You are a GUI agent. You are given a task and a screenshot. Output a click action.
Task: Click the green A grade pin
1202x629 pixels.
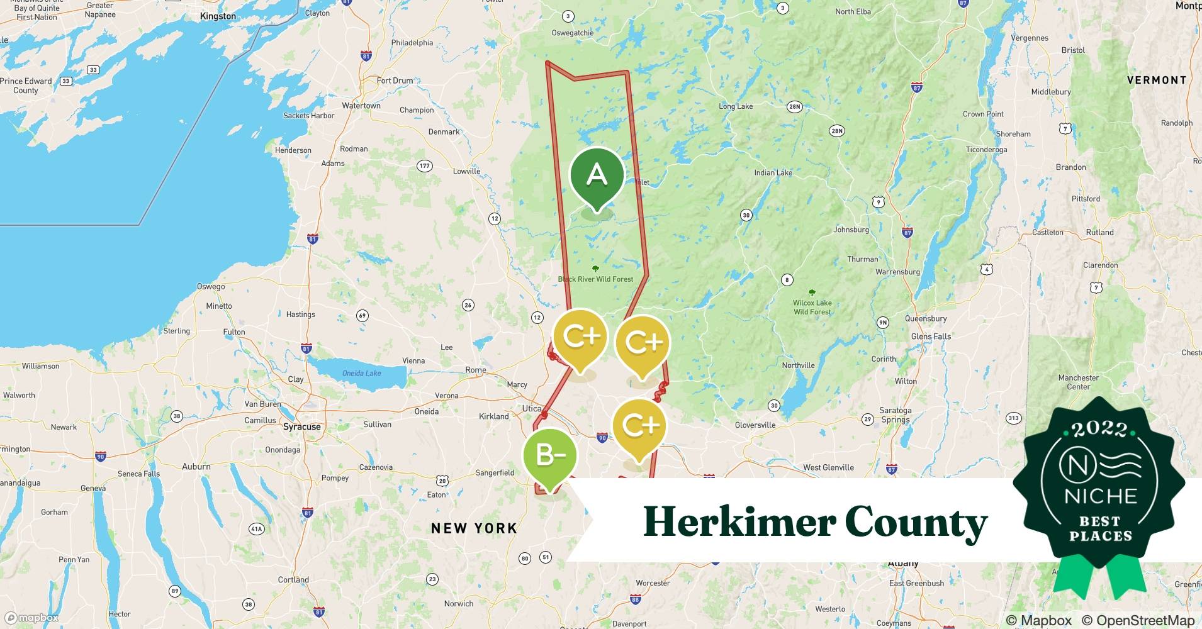coord(597,175)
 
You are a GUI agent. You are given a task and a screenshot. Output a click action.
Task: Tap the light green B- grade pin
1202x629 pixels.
coord(549,455)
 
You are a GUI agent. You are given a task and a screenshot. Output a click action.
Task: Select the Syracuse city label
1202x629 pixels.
coord(302,426)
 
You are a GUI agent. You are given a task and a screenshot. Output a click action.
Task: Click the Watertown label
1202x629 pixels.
coord(361,106)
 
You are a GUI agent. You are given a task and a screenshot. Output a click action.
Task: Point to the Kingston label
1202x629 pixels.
coord(218,16)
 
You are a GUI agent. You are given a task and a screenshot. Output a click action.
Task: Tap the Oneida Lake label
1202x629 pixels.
coord(361,373)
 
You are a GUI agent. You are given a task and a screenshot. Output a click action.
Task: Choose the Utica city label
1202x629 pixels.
coord(532,408)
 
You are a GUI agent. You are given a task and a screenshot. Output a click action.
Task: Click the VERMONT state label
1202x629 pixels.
coord(1157,81)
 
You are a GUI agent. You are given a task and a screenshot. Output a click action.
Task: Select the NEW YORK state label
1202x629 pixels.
coord(474,528)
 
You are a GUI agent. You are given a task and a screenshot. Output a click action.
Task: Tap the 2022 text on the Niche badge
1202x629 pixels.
coord(1099,430)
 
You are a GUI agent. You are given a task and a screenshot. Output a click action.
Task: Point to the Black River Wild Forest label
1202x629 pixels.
coord(595,279)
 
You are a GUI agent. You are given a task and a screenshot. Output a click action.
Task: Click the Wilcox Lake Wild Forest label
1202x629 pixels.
coord(812,307)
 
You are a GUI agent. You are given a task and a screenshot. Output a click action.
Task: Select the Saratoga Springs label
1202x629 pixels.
coord(896,415)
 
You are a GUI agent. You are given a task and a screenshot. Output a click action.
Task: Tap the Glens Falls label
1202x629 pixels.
coord(931,337)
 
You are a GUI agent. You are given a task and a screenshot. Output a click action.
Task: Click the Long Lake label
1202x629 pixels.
coord(736,106)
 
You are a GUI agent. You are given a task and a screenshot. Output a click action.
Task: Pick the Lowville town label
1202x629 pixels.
coord(466,171)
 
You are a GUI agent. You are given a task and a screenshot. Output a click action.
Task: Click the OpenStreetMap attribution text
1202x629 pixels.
coord(1138,620)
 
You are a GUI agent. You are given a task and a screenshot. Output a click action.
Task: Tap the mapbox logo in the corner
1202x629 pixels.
coord(31,618)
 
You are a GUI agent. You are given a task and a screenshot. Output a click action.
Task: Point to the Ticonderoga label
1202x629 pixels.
coord(986,150)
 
